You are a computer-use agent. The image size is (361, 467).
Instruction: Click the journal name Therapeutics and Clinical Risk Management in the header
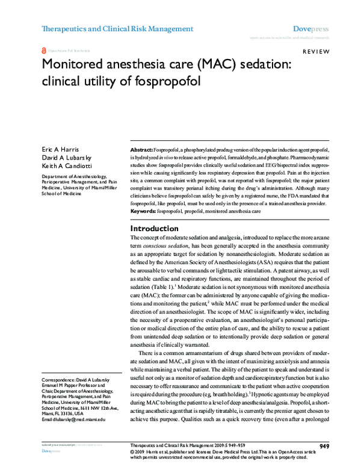(117, 28)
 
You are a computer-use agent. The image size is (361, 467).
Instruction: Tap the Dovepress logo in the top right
(310, 28)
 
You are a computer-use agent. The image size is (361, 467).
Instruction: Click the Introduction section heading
(155, 229)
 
